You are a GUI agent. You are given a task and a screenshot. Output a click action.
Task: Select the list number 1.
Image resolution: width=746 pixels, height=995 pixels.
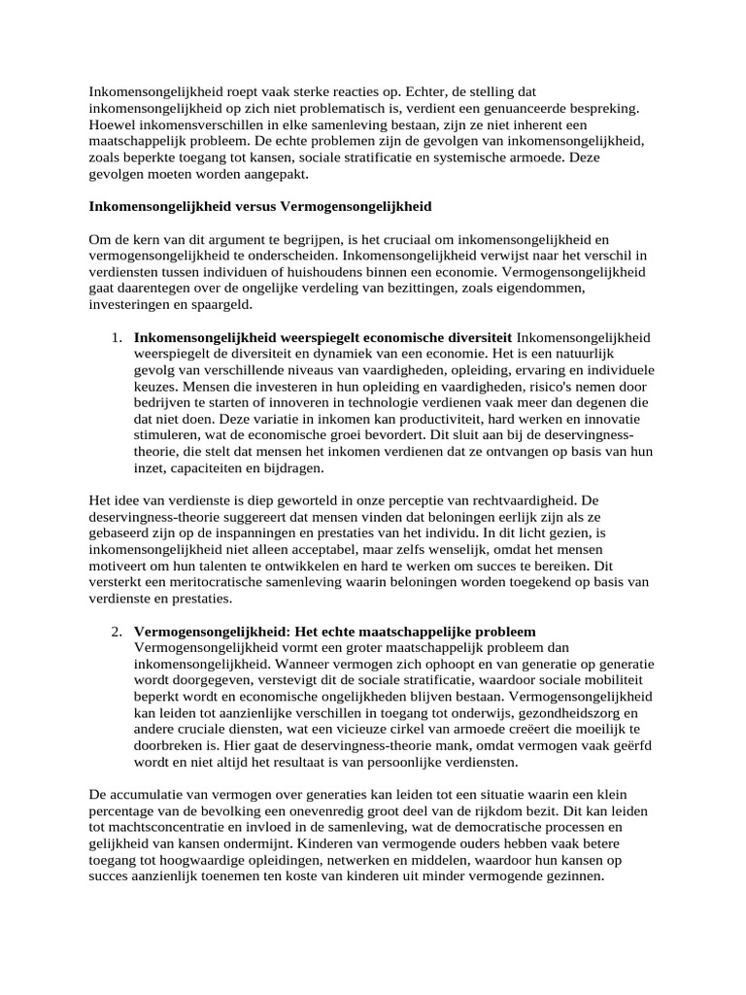pos(116,337)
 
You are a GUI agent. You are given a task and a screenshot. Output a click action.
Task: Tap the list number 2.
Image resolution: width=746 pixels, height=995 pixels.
pos(116,631)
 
